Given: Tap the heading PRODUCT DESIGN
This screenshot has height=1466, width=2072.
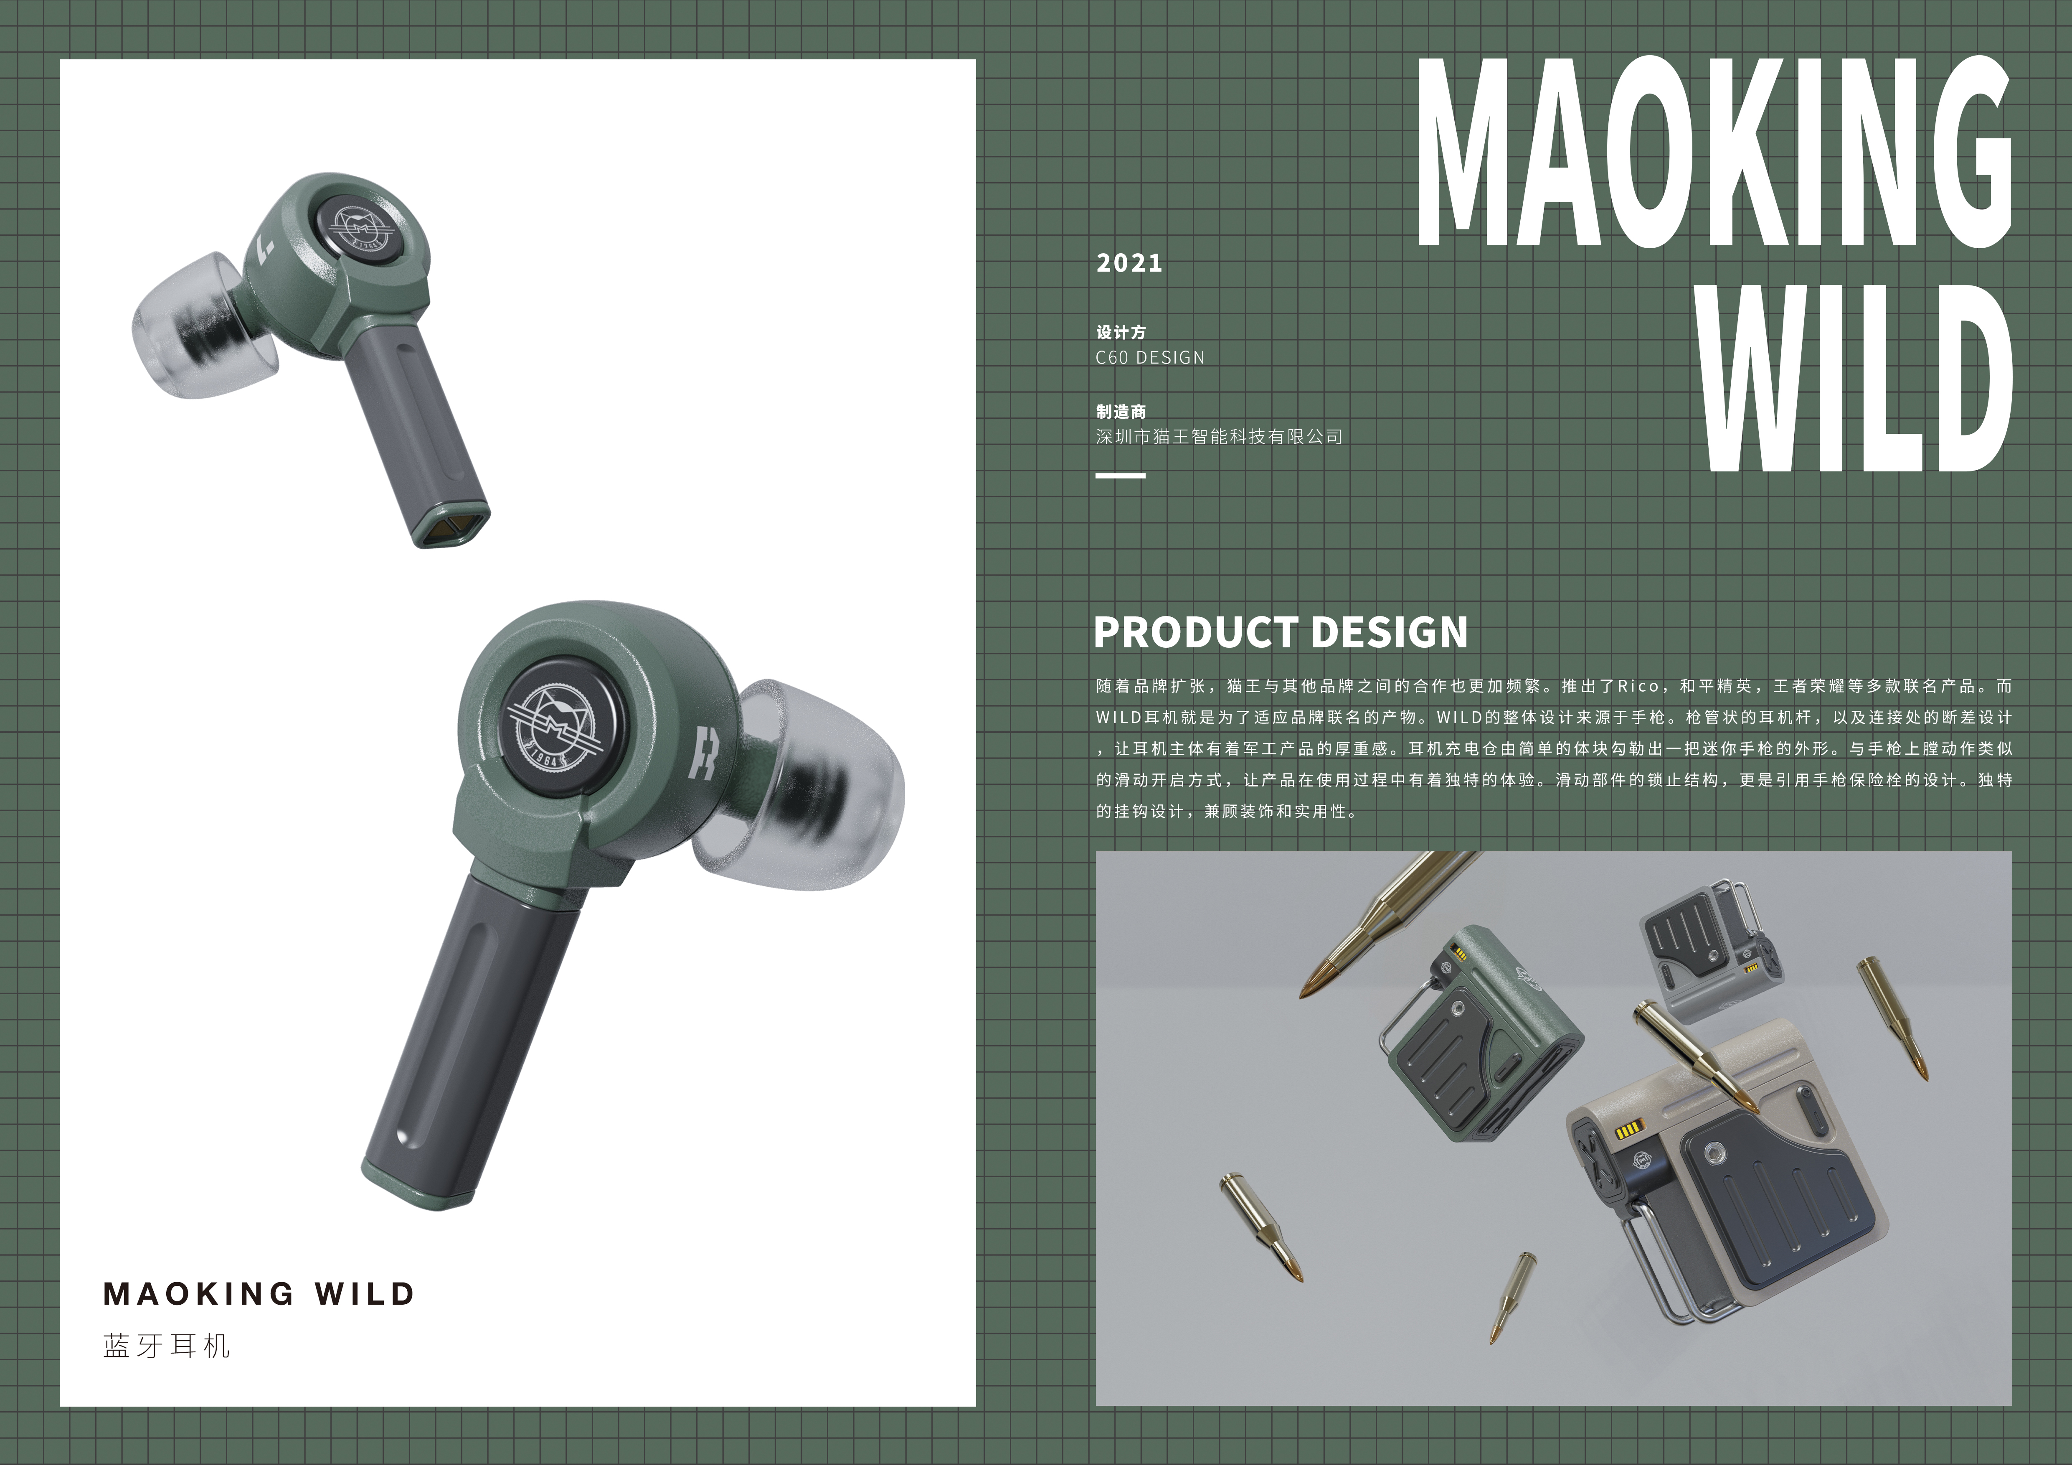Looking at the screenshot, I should (1281, 632).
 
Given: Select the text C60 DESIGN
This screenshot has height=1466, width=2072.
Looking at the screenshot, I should (1150, 357).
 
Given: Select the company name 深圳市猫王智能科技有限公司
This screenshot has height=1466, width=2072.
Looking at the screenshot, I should (1218, 437).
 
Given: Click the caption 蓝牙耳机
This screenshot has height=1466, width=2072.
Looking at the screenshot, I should (167, 1346).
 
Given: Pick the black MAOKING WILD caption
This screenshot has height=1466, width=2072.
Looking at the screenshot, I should (259, 1293).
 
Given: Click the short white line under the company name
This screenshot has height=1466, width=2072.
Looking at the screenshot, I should (1120, 476).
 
